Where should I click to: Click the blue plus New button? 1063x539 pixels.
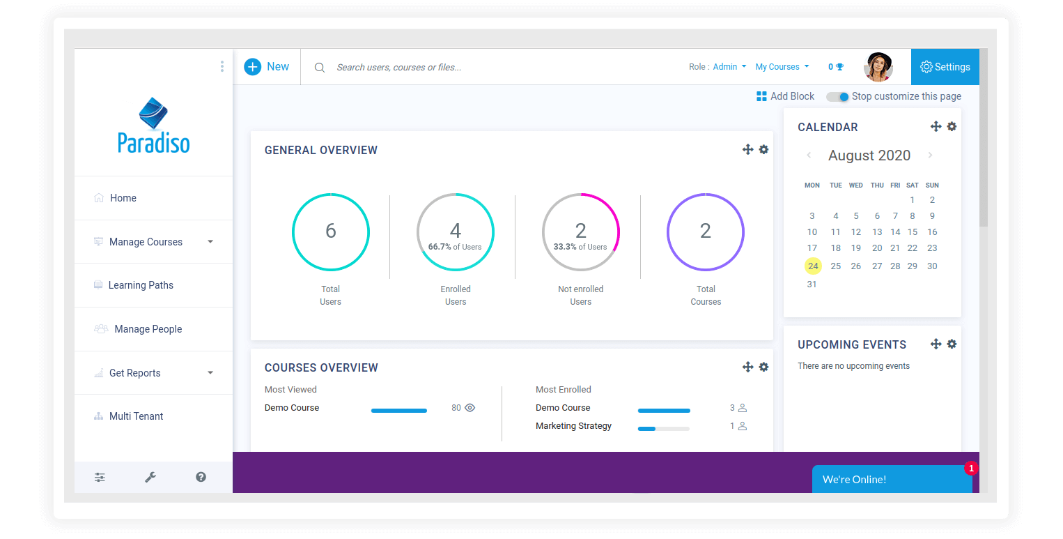(266, 67)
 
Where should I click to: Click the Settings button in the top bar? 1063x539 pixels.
(945, 67)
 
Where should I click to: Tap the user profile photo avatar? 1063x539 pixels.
(878, 67)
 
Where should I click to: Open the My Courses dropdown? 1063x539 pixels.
(782, 67)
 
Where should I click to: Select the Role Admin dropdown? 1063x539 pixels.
(729, 67)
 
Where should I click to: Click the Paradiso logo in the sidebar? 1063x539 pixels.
(153, 126)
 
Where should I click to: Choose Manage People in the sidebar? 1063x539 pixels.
(148, 329)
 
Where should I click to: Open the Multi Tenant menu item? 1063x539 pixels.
(136, 416)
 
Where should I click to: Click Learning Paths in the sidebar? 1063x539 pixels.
(141, 285)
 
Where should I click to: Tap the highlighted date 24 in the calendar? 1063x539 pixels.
(813, 266)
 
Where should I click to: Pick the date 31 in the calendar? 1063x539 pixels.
(812, 284)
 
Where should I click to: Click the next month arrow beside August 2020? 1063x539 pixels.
(930, 155)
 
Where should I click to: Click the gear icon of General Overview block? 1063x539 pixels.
(763, 149)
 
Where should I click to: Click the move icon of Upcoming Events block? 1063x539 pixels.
(936, 344)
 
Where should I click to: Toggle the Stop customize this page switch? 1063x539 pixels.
(837, 97)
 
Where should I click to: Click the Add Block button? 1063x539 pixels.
(785, 96)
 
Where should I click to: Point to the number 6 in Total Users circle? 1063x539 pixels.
(331, 231)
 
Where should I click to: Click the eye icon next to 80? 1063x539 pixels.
(470, 408)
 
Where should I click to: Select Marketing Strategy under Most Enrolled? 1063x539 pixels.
(573, 426)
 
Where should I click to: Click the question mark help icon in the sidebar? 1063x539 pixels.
(201, 477)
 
